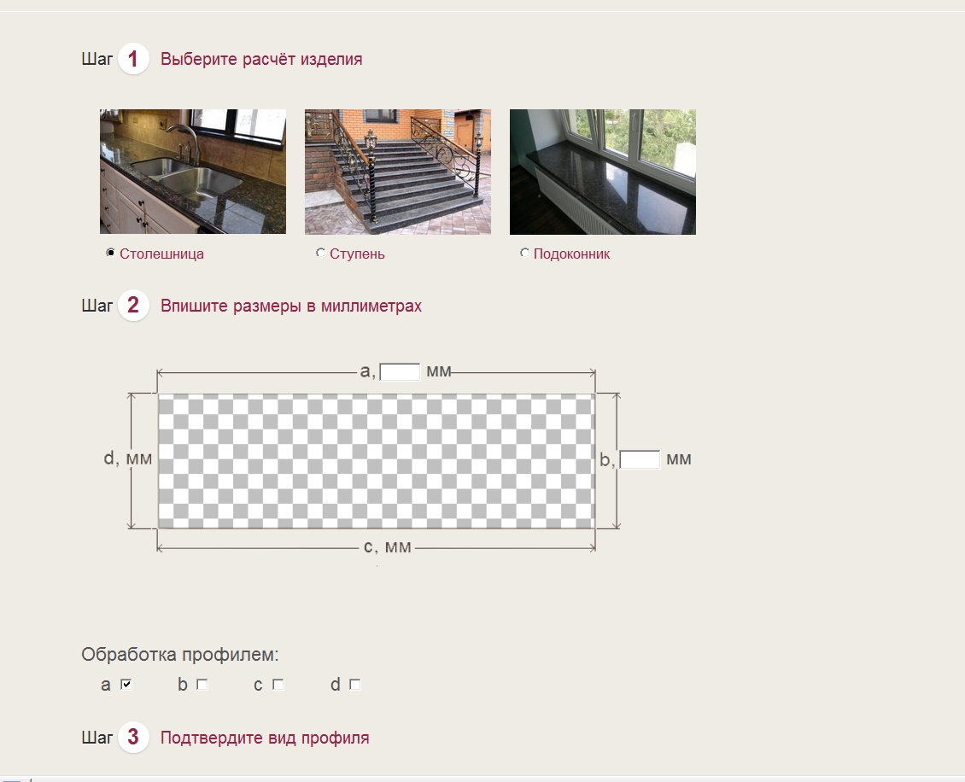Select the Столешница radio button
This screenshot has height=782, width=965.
(x=111, y=253)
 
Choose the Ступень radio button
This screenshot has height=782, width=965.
(x=320, y=253)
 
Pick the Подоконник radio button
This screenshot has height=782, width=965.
(x=524, y=253)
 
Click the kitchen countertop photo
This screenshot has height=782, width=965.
(x=193, y=172)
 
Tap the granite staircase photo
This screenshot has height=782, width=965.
(x=398, y=172)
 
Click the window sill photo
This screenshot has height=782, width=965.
(x=603, y=172)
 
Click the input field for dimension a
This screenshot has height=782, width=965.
(x=400, y=372)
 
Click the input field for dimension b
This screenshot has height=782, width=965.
(x=640, y=459)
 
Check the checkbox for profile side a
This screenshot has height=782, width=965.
(x=126, y=684)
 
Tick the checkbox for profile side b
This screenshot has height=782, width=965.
(x=202, y=684)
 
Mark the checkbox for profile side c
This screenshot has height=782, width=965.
(x=278, y=684)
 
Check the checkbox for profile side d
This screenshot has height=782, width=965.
(x=354, y=684)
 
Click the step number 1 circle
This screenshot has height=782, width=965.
(x=133, y=59)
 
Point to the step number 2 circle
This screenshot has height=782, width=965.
(x=133, y=305)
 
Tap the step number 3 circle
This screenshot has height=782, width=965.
(x=133, y=737)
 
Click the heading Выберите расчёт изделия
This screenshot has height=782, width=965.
(x=261, y=59)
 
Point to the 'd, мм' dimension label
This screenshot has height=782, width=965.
(x=127, y=458)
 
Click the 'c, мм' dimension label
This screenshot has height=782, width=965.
(x=388, y=547)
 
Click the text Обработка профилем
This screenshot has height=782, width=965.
(x=179, y=655)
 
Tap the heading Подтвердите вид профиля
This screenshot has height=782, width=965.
(x=265, y=738)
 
